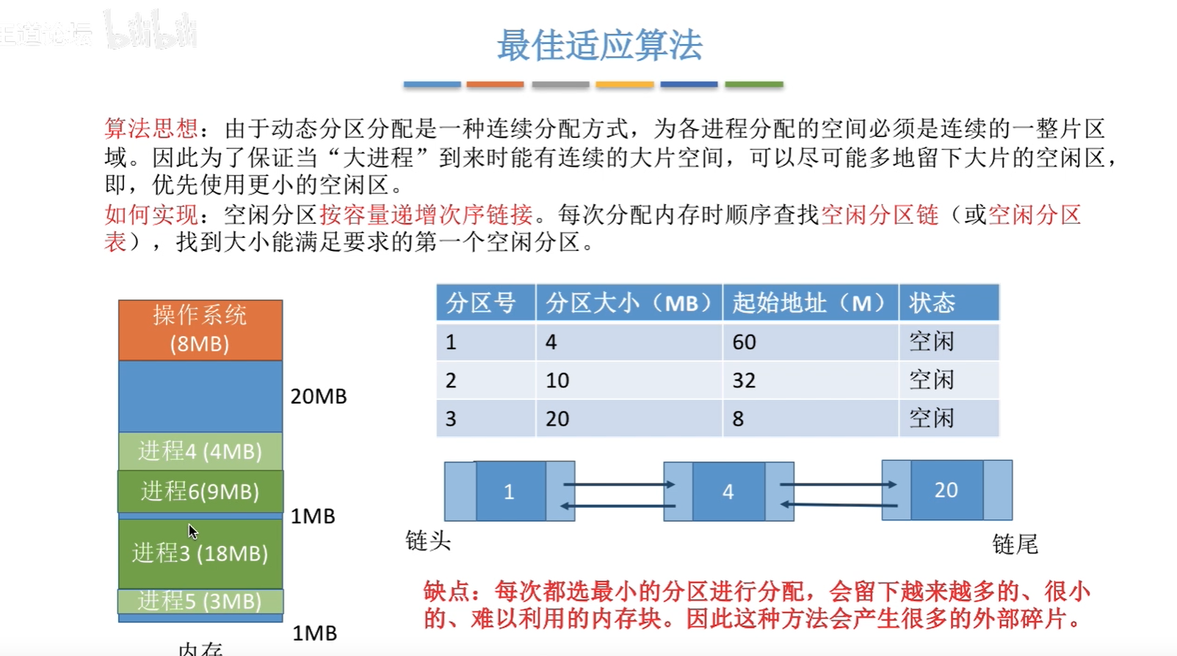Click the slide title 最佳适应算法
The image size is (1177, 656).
(x=599, y=45)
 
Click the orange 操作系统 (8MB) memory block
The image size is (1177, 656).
(x=200, y=329)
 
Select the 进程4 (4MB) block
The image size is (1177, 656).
(x=200, y=451)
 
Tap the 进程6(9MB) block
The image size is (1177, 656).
(x=200, y=491)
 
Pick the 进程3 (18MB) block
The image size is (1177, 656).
(x=200, y=553)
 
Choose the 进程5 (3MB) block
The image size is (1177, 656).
(x=200, y=601)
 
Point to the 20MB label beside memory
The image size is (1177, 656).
(x=318, y=396)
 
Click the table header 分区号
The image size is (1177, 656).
(x=482, y=303)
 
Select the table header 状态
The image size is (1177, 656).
(x=932, y=303)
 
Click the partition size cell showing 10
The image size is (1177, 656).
(x=557, y=380)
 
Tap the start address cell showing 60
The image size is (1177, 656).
(x=744, y=342)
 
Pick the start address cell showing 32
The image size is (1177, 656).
(x=744, y=380)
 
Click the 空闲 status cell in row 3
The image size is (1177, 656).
(x=932, y=418)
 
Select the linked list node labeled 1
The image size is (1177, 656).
(x=510, y=492)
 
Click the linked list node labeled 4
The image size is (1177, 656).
(x=728, y=492)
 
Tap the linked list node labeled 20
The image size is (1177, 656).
(x=946, y=490)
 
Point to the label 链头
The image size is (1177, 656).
(x=428, y=542)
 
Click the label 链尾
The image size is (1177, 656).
(x=1015, y=544)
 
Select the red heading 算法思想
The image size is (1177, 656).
(x=151, y=129)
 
